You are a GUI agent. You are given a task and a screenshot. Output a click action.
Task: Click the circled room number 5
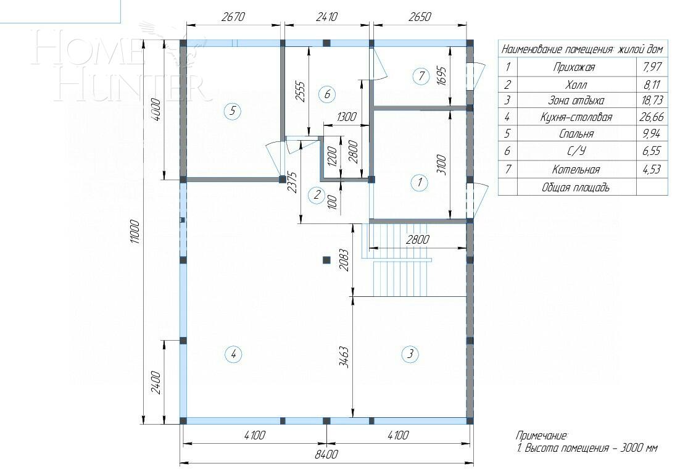coord(232,112)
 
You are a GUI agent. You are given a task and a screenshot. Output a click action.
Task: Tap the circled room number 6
coord(327,94)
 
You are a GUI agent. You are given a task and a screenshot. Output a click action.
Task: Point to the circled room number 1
coord(420,182)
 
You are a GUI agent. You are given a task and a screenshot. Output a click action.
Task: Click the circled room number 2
coord(317,195)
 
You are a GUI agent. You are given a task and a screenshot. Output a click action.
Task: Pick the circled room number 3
coord(410,354)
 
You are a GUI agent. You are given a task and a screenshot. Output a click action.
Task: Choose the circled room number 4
coord(232,354)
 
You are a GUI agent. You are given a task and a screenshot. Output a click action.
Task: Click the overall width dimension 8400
coord(326,455)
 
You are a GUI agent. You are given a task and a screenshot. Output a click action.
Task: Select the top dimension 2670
coord(233,17)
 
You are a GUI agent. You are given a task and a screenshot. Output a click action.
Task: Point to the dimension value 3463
coord(344,357)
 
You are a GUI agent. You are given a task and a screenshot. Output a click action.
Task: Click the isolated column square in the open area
coord(327,260)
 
